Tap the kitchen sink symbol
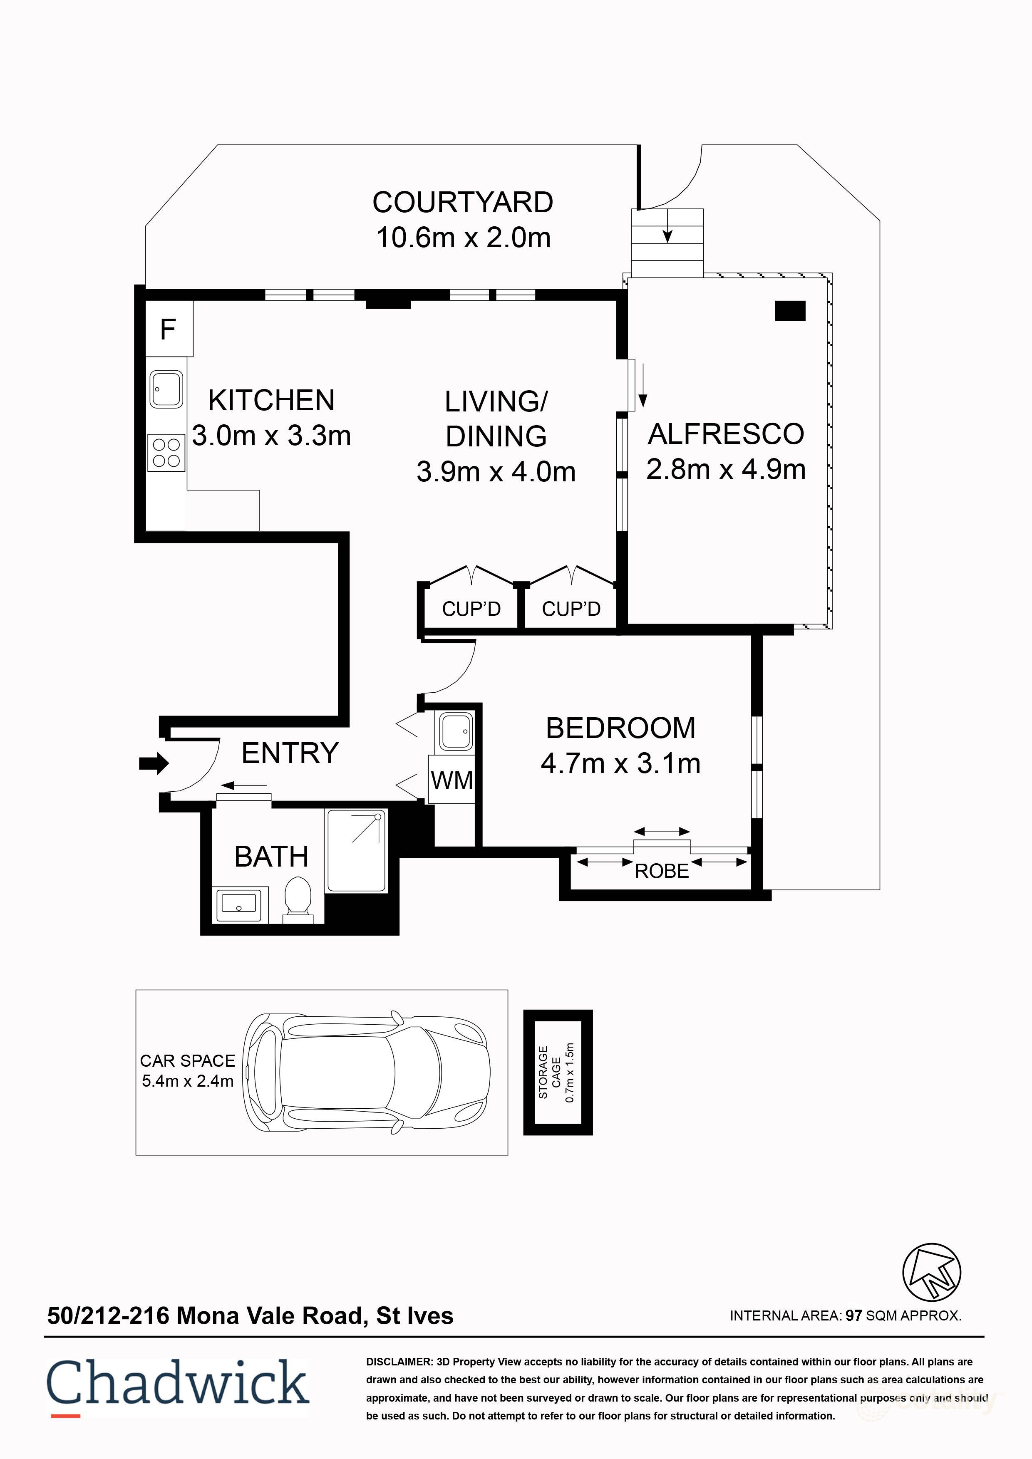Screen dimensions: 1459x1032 coord(166,389)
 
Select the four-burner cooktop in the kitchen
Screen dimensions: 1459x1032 coord(166,453)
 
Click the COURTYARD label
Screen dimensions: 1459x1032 coord(463,203)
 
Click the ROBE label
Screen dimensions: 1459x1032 coord(662,871)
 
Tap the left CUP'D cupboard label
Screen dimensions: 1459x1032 coord(471,609)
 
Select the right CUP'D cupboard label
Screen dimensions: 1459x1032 coord(571,609)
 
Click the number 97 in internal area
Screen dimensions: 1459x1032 coord(853,1315)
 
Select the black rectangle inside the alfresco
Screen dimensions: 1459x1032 coord(790,311)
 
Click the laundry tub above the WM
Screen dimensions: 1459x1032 coord(455,732)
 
